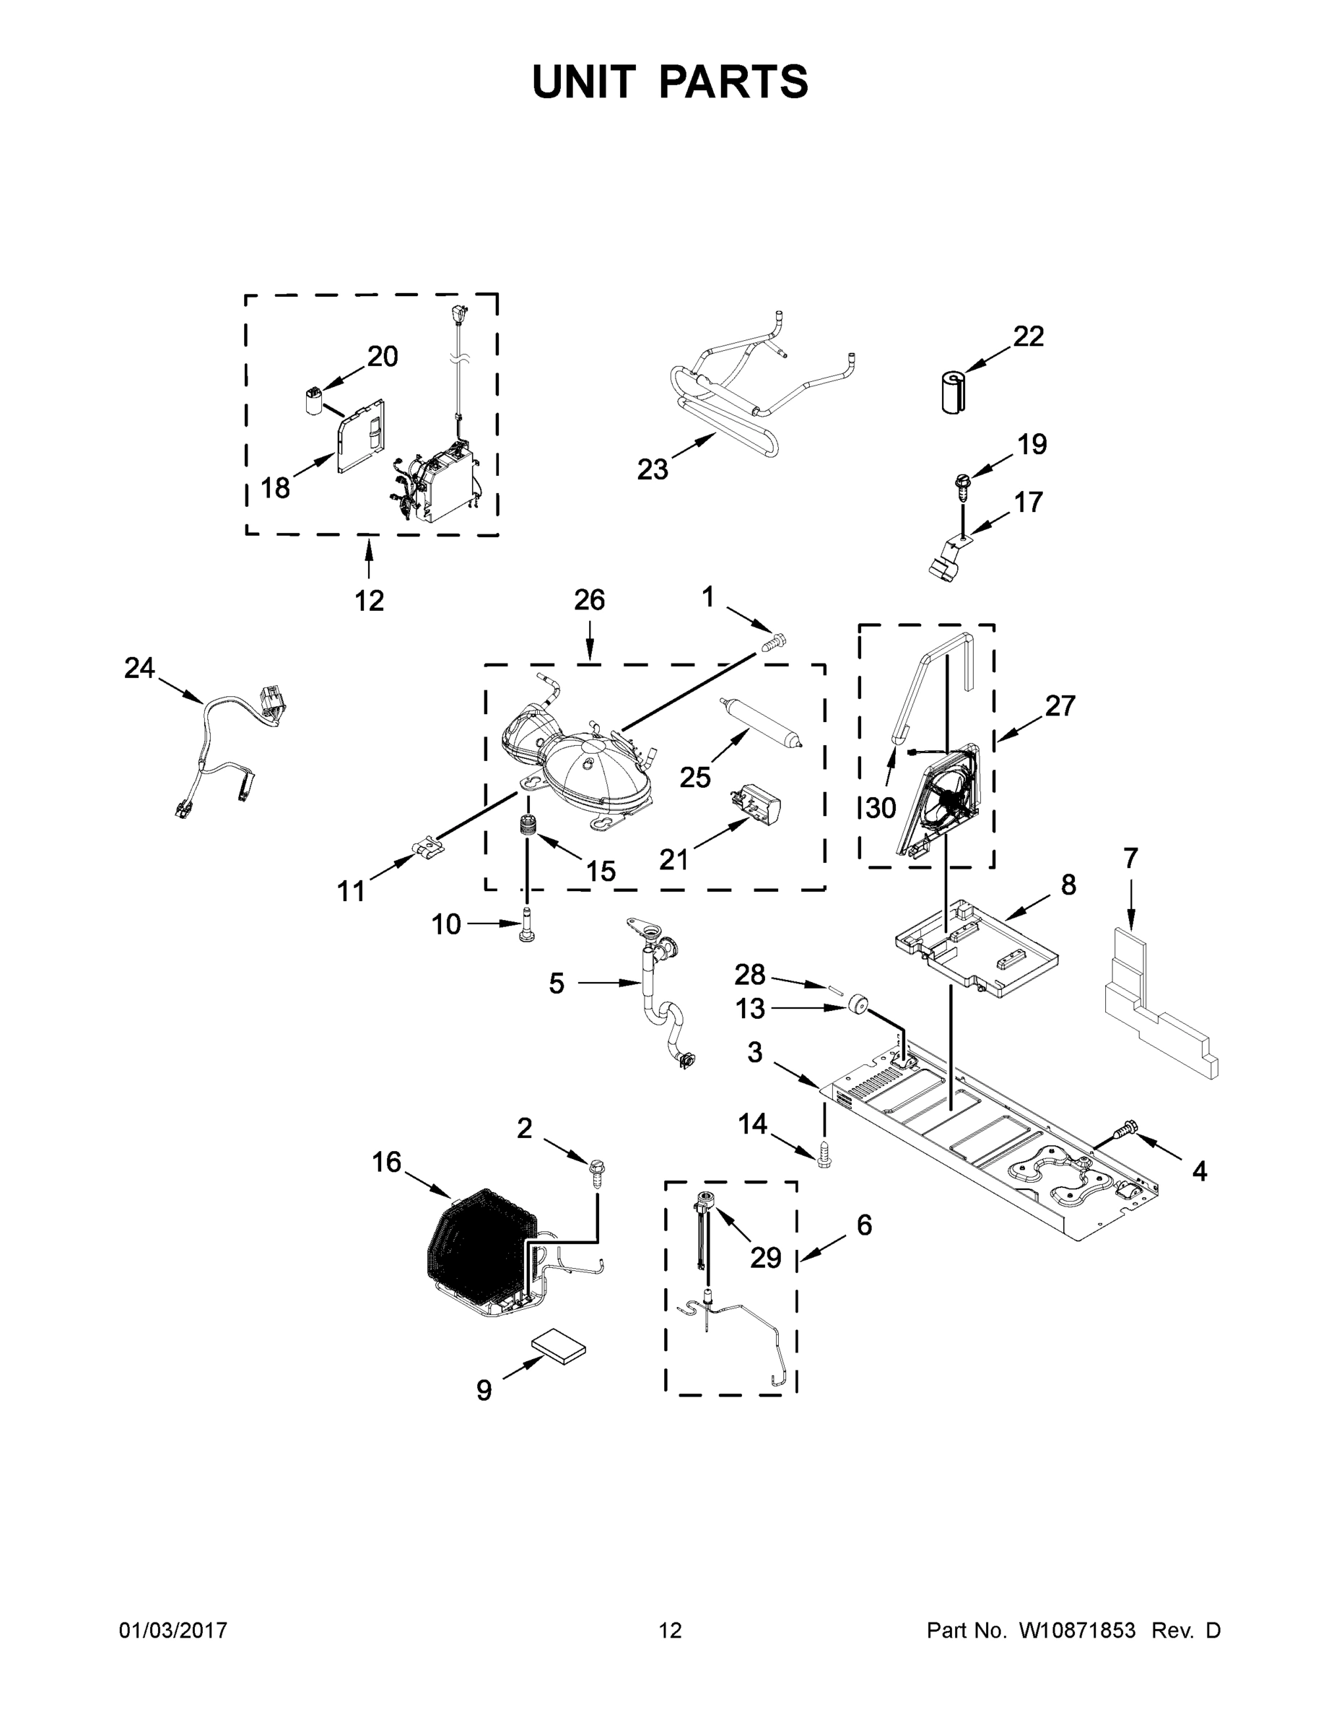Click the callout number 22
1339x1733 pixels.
(1028, 336)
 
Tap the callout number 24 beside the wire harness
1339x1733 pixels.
(139, 668)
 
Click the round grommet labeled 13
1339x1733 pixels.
(856, 1006)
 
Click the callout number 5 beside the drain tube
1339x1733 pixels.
(556, 983)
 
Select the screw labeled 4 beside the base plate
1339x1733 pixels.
(1126, 1147)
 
